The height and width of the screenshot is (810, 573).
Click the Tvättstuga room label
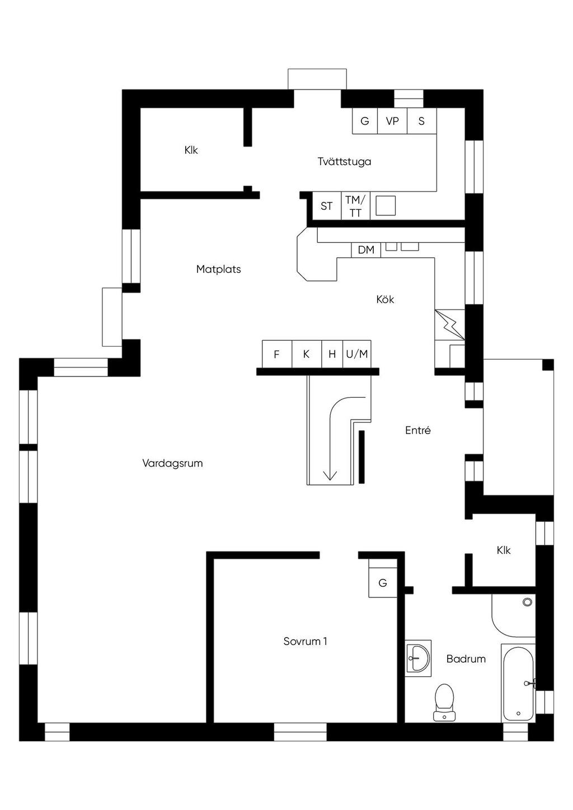[344, 162]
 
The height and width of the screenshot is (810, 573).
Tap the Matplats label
[218, 269]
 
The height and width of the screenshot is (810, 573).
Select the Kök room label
[385, 300]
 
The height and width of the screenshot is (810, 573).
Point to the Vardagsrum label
[172, 463]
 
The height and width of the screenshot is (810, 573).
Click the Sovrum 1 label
[305, 642]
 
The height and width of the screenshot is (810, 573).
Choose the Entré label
[418, 431]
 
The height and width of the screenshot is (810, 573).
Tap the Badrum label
[466, 659]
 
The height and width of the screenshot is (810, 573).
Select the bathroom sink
[418, 658]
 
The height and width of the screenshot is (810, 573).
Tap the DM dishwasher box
[366, 250]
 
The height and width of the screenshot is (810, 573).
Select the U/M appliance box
[357, 354]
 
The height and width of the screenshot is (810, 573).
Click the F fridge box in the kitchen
[276, 354]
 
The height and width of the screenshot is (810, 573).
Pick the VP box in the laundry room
[392, 121]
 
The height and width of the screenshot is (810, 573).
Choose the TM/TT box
[355, 206]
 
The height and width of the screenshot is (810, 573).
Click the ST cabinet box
[326, 206]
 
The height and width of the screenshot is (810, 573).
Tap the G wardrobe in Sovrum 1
[383, 583]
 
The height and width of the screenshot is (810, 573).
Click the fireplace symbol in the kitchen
[449, 324]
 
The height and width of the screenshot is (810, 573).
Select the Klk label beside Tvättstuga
[191, 150]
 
